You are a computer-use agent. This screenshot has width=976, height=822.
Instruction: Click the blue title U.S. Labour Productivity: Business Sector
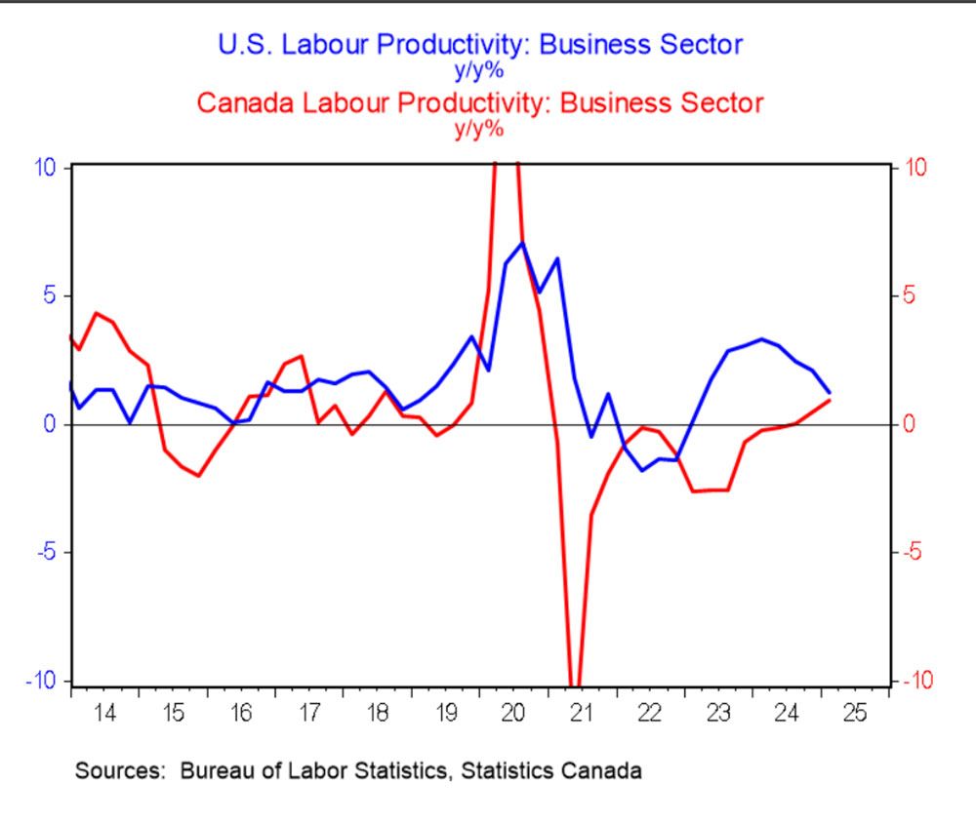480,45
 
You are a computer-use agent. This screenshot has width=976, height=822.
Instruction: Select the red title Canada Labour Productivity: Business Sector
480,102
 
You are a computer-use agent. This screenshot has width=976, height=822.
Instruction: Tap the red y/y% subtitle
480,128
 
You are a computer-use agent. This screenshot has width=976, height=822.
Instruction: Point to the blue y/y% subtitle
480,69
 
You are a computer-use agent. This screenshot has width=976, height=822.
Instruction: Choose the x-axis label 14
105,712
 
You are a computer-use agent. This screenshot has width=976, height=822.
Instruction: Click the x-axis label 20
512,712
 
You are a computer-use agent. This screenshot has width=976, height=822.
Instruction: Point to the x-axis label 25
854,712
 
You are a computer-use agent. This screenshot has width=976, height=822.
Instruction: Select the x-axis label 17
309,712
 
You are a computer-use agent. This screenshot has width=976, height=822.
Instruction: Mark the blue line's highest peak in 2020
522,243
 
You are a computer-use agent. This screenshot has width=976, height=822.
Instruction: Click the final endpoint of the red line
830,400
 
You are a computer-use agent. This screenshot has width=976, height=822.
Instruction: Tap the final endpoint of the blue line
830,392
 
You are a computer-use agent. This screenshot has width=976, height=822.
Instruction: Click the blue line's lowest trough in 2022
642,470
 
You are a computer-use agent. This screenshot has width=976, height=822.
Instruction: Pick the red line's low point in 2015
198,476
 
